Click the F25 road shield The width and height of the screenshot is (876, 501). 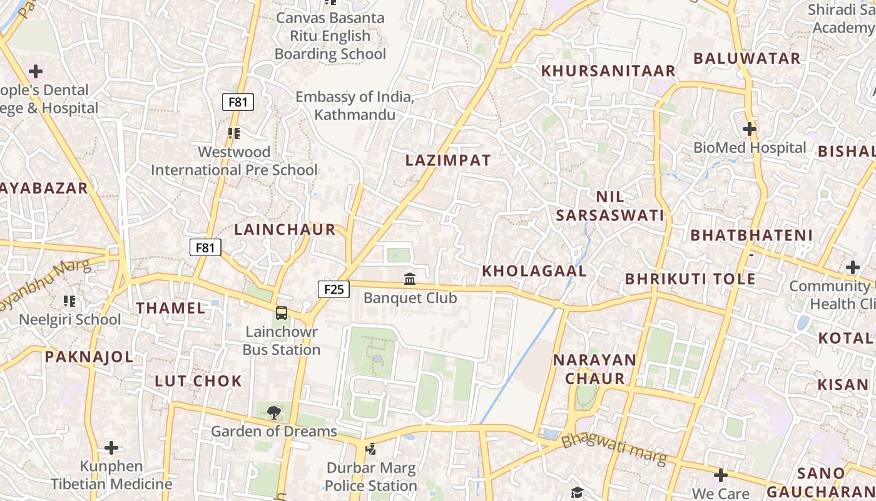[x=334, y=289]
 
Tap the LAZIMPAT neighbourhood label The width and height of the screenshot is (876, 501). [x=448, y=160]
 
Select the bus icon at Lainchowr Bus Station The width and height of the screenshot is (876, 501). [x=282, y=312]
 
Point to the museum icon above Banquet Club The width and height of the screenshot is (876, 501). [x=410, y=279]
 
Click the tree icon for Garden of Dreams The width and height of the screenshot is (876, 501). [x=273, y=412]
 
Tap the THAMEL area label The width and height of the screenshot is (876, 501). [x=171, y=308]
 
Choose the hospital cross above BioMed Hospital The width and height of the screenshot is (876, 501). [x=750, y=129]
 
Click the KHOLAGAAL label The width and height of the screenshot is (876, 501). [x=534, y=271]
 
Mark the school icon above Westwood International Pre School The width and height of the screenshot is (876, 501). [x=234, y=133]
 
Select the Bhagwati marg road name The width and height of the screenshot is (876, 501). [x=614, y=449]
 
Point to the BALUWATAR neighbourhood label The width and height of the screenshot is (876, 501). [x=747, y=58]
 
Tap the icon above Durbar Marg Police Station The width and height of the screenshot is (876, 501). [x=371, y=448]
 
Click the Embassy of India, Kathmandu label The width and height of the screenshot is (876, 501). [x=355, y=106]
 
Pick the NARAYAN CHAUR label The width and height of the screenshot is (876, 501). [x=594, y=369]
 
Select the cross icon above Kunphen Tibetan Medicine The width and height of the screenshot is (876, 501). [x=111, y=448]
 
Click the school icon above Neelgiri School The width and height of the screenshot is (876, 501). [x=69, y=301]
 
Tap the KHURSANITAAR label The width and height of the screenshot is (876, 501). [x=608, y=71]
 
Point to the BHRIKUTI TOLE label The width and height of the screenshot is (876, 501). [x=690, y=279]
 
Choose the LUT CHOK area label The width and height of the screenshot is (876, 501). [x=198, y=381]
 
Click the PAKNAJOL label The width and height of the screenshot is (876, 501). [x=89, y=357]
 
